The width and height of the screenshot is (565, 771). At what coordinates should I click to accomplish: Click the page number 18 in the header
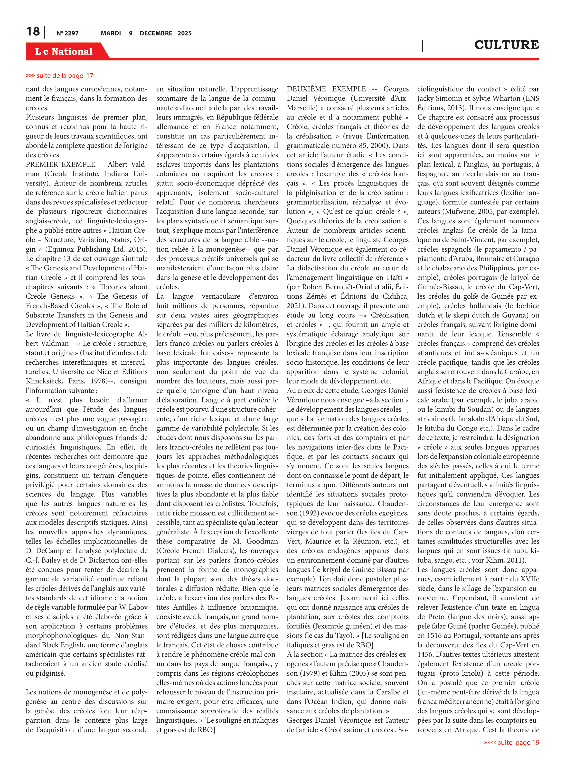(x=33, y=32)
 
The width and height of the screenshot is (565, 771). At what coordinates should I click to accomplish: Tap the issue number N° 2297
(x=67, y=33)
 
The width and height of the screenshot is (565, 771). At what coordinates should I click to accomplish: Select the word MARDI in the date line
(x=111, y=33)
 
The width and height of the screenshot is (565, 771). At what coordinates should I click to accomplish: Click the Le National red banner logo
(x=64, y=51)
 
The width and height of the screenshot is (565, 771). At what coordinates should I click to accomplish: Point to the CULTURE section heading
(x=506, y=45)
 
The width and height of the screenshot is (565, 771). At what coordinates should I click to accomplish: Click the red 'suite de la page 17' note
(x=60, y=76)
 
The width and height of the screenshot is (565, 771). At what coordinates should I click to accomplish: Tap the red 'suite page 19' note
(x=511, y=742)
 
